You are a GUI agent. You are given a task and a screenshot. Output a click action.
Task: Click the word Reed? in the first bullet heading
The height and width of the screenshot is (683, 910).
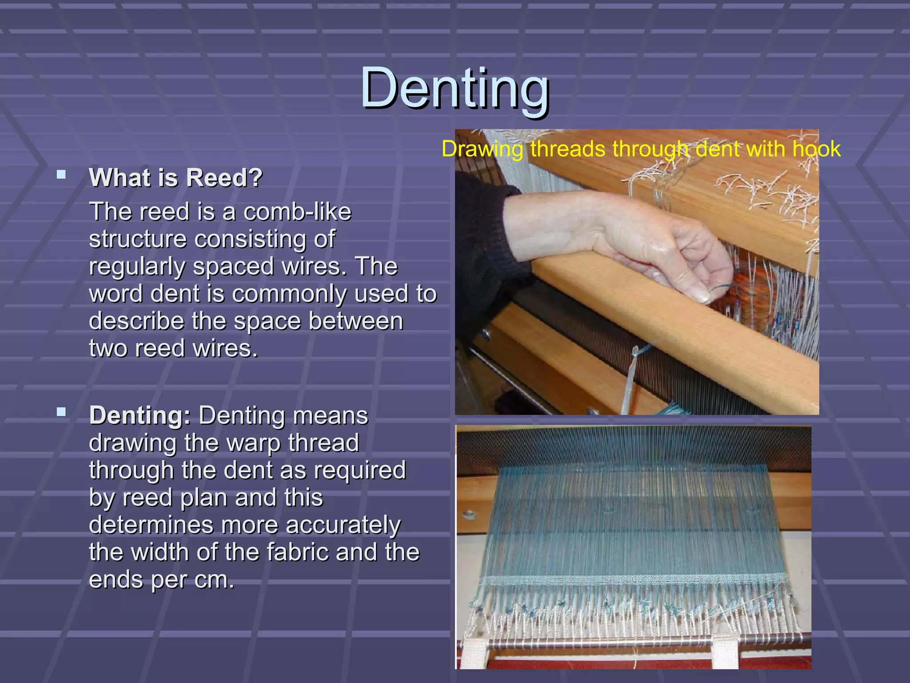(x=224, y=178)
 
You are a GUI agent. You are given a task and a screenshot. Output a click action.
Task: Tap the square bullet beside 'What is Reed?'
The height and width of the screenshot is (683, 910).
(x=61, y=174)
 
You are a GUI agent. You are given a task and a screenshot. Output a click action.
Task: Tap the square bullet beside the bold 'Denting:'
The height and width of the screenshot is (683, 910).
(x=61, y=412)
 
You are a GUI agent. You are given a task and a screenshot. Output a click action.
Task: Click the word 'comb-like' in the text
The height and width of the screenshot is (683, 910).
(x=297, y=212)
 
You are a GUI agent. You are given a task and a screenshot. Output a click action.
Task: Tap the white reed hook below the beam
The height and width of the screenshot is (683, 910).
(x=633, y=378)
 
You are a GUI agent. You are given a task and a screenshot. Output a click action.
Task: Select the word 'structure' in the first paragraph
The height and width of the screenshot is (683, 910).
(x=138, y=239)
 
